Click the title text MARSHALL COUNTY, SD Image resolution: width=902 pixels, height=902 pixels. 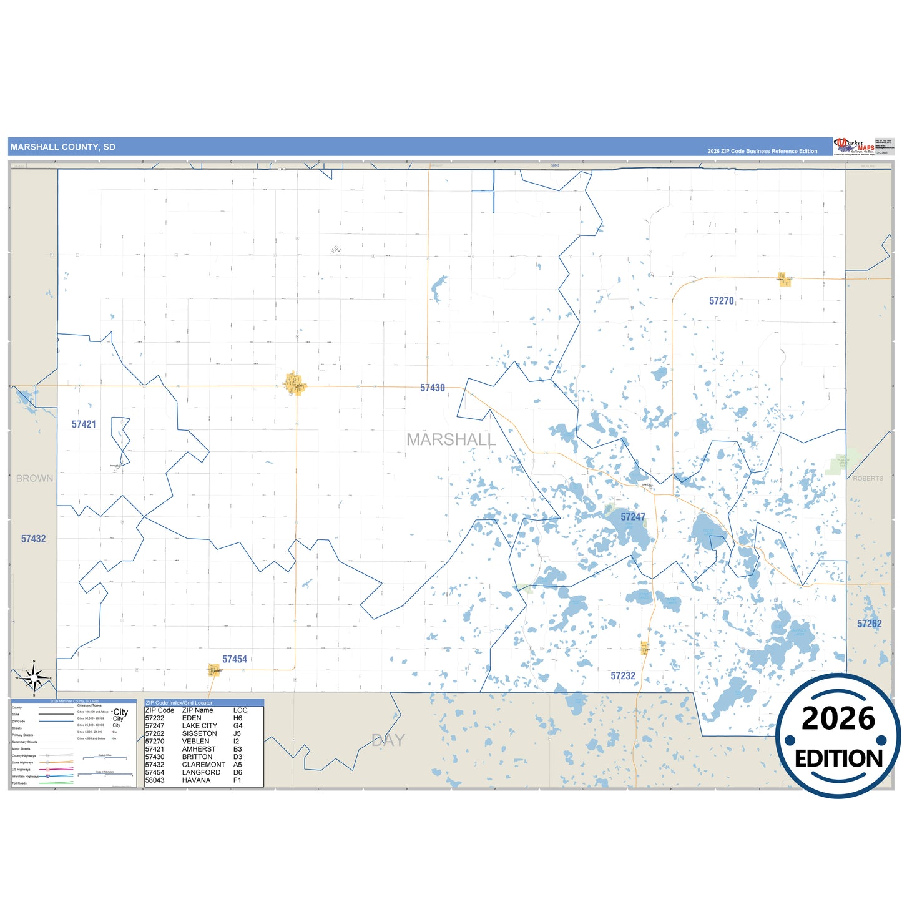pyautogui.click(x=63, y=147)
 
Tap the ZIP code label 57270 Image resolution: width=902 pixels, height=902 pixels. pyautogui.click(x=721, y=301)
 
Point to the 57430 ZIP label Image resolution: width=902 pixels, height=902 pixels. pyautogui.click(x=432, y=388)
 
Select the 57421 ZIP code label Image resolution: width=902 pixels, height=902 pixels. pyautogui.click(x=84, y=424)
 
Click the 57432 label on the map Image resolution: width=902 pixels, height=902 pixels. pyautogui.click(x=34, y=539)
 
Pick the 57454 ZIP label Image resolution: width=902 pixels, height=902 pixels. pyautogui.click(x=234, y=659)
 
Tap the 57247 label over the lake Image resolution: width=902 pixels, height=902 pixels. pyautogui.click(x=632, y=517)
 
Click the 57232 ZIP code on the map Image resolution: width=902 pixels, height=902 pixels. pyautogui.click(x=622, y=675)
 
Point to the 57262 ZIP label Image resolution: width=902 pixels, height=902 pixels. pyautogui.click(x=869, y=624)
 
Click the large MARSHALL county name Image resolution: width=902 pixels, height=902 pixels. pyautogui.click(x=451, y=439)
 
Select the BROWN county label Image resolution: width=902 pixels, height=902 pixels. pyautogui.click(x=34, y=478)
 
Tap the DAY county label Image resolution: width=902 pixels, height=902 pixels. pyautogui.click(x=388, y=740)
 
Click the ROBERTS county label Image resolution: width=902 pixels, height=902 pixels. pyautogui.click(x=868, y=478)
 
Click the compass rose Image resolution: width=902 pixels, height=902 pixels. pyautogui.click(x=34, y=677)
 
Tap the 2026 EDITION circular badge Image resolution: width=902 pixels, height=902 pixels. pyautogui.click(x=838, y=736)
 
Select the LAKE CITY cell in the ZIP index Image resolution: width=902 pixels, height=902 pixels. pyautogui.click(x=200, y=726)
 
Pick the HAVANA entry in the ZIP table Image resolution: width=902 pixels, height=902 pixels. pyautogui.click(x=196, y=780)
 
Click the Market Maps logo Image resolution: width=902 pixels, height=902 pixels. pyautogui.click(x=854, y=147)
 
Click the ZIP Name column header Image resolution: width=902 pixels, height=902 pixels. pyautogui.click(x=197, y=710)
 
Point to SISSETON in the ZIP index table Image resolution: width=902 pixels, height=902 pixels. pyautogui.click(x=199, y=733)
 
